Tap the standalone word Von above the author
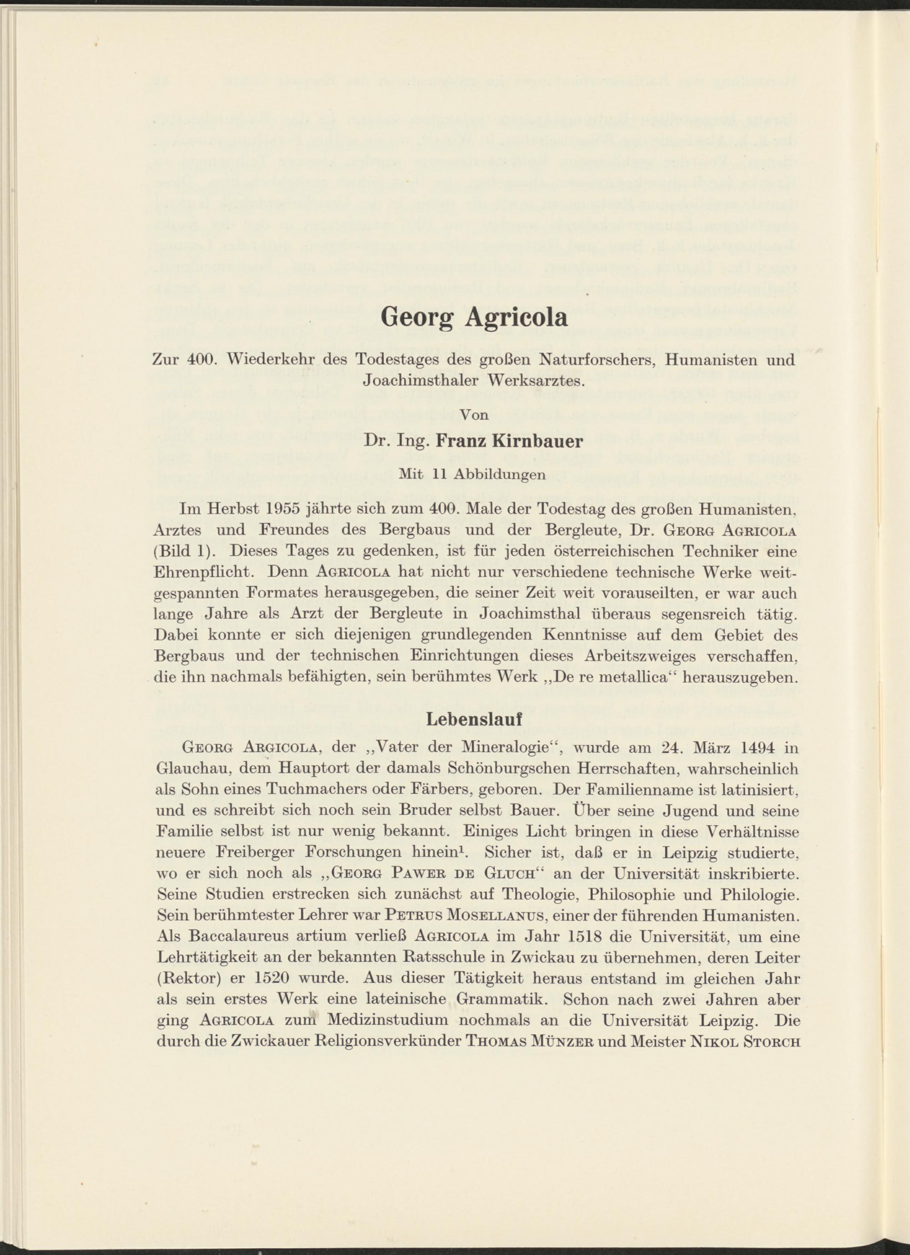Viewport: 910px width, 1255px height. coord(475,415)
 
